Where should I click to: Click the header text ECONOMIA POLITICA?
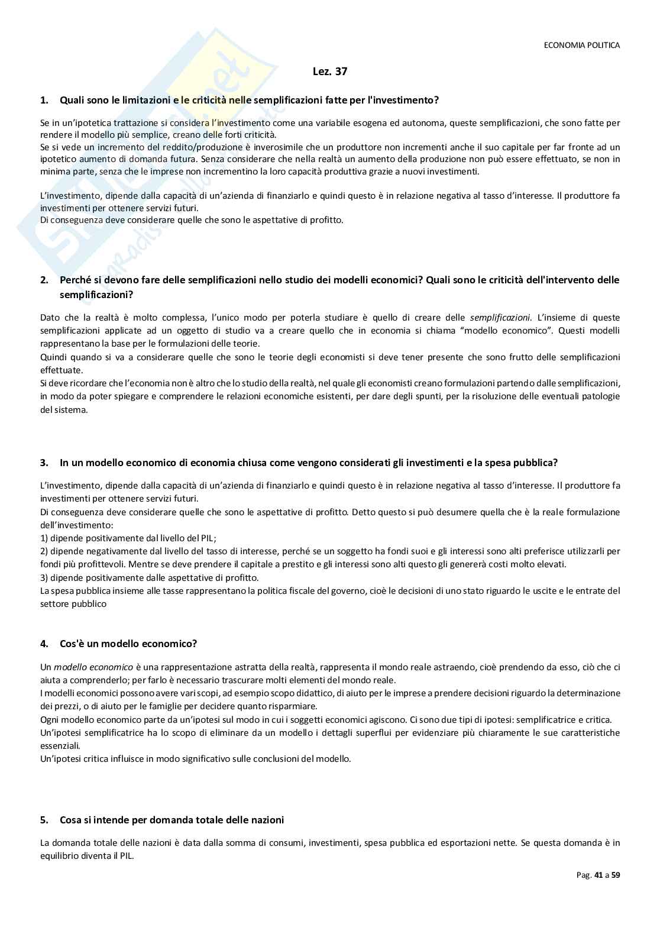(x=581, y=45)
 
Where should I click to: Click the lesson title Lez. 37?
(x=329, y=72)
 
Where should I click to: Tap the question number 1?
(x=44, y=100)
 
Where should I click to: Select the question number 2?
(x=44, y=279)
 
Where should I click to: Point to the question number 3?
(x=44, y=463)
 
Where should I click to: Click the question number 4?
(x=44, y=643)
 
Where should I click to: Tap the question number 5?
(x=44, y=820)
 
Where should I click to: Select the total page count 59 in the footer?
(x=615, y=875)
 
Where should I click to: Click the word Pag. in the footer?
(x=584, y=875)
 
